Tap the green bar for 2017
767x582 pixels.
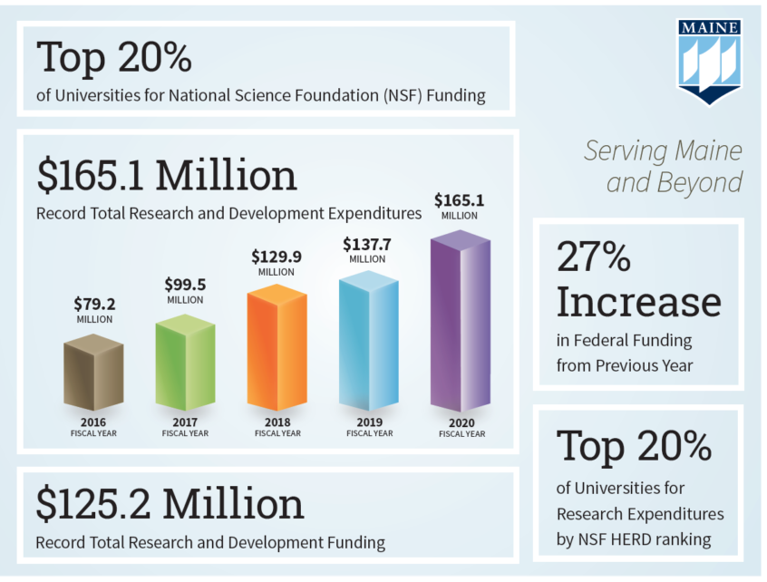(x=185, y=363)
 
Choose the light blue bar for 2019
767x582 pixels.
(x=369, y=340)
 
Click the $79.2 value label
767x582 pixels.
(x=94, y=303)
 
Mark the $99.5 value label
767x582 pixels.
(x=185, y=283)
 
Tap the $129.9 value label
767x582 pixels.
(x=277, y=257)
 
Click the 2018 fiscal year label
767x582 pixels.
(x=277, y=422)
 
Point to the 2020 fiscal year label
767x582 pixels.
(x=461, y=423)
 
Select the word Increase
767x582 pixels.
(x=639, y=302)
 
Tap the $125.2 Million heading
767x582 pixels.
(x=170, y=504)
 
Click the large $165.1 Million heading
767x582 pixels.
(x=167, y=175)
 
